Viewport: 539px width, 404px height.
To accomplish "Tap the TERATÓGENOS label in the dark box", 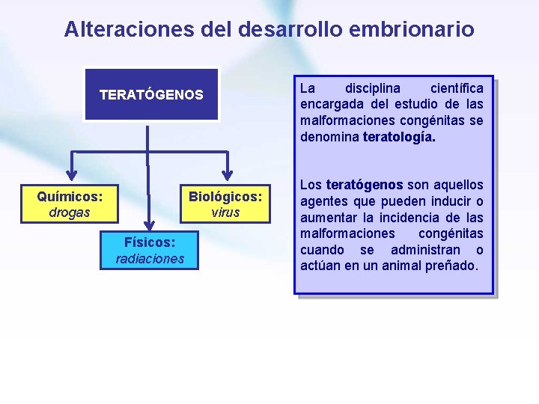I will point(151,95).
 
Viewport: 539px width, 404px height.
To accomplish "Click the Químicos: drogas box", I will point(70,204).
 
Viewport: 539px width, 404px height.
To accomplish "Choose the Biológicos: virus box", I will point(225,204).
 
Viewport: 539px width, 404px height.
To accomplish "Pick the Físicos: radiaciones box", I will point(150,251).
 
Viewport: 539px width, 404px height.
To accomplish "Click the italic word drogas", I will point(70,212).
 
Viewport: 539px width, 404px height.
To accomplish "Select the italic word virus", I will point(225,212).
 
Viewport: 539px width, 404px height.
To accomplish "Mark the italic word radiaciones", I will point(150,259).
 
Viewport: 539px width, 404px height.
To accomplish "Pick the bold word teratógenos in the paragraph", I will point(365,185).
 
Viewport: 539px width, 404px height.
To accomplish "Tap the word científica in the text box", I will point(457,88).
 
